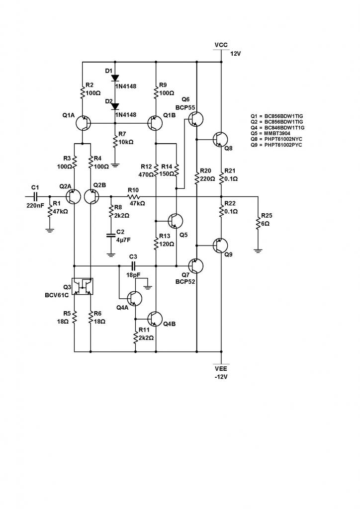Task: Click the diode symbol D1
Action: click(x=115, y=78)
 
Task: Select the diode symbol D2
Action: click(x=115, y=106)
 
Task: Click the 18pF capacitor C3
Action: click(x=133, y=266)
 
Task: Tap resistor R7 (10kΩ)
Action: click(x=115, y=141)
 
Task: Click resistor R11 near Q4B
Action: click(x=135, y=338)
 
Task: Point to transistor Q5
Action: click(x=176, y=220)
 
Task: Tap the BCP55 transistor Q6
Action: click(x=195, y=118)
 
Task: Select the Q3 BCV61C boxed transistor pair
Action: click(x=83, y=286)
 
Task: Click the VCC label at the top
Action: click(x=221, y=45)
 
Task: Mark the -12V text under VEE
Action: click(x=221, y=376)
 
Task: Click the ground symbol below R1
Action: click(x=50, y=229)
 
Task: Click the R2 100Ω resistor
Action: click(x=82, y=92)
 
